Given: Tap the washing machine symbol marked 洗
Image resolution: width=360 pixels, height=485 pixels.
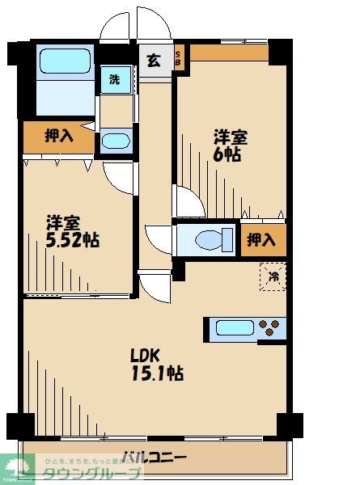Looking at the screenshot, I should (x=113, y=80).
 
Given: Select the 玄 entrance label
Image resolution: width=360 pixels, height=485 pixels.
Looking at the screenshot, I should (x=154, y=58).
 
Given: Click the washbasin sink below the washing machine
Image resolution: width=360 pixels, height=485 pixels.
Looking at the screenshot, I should (x=116, y=141).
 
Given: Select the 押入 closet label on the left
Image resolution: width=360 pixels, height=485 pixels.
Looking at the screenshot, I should (x=58, y=136).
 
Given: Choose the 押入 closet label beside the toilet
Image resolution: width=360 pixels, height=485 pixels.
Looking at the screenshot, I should (x=260, y=239).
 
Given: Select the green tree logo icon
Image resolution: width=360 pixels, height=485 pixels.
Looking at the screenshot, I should (x=18, y=466).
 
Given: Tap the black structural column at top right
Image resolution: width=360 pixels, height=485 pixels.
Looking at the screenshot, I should (x=279, y=49).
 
